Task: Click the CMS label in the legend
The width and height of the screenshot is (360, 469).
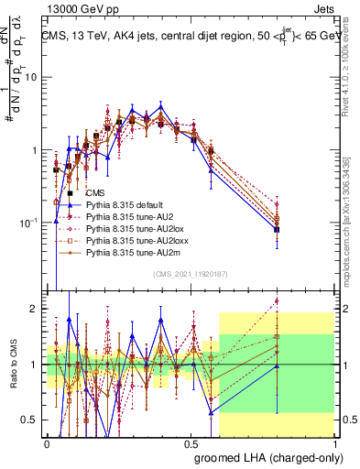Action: click(95, 193)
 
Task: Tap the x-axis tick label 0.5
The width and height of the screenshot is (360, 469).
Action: click(191, 443)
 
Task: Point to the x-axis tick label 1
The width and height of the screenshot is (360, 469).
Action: click(335, 443)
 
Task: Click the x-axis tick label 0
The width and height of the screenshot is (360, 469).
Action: click(48, 443)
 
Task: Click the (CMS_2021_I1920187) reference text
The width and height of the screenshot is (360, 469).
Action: click(190, 273)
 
